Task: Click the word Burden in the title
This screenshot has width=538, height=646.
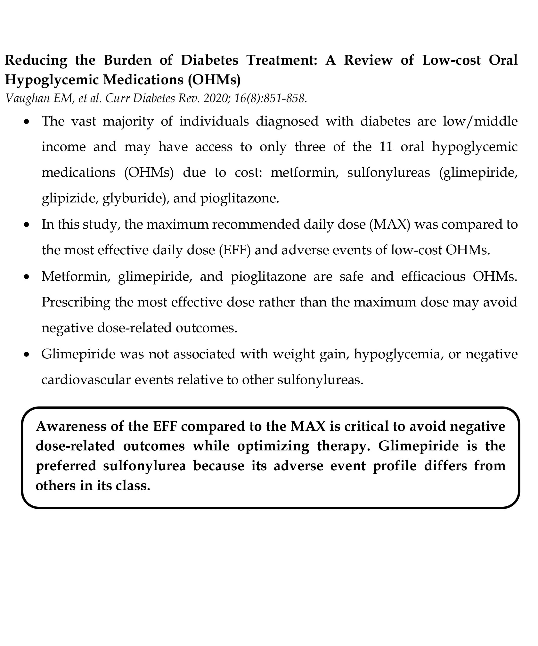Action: pos(128,60)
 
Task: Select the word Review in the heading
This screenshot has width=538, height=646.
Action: pos(368,60)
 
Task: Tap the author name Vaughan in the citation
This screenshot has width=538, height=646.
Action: pos(28,98)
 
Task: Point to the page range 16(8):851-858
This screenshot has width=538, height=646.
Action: pos(270,98)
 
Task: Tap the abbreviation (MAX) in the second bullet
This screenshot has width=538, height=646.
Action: pos(390,224)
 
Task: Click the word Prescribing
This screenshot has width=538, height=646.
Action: pos(76,302)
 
